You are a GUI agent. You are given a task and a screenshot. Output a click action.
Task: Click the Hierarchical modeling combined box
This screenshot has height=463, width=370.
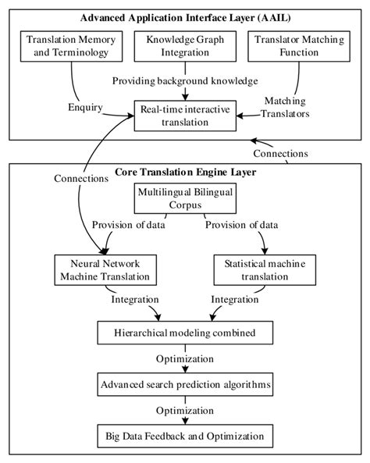185,334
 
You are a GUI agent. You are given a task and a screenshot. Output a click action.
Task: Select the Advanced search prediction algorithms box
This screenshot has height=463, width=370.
185,384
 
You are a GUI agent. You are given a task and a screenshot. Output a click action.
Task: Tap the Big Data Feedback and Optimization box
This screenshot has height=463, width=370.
185,434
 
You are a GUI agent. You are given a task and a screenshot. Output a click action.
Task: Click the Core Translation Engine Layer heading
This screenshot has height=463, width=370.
184,171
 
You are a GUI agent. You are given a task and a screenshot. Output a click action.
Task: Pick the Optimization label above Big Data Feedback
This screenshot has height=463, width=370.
185,409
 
